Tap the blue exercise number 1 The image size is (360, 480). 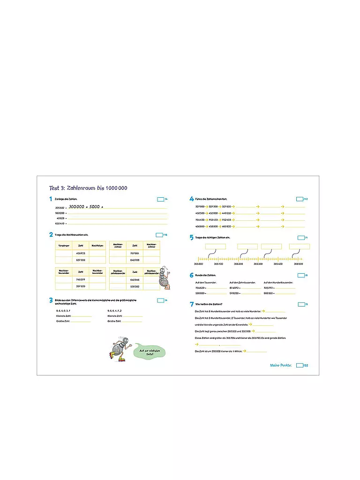[51, 199]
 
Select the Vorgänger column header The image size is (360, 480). [63, 245]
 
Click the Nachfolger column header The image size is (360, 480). [97, 245]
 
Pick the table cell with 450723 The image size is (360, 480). [81, 253]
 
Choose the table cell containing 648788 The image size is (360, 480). [135, 260]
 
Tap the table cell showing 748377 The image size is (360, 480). [81, 279]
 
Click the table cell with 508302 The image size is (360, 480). [135, 286]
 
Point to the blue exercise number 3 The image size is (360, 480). [51, 300]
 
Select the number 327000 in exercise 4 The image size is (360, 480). [200, 206]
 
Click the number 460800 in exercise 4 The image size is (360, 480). [226, 226]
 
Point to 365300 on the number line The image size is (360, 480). [258, 264]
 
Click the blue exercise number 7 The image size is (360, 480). [192, 305]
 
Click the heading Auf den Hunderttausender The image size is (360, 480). [278, 282]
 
